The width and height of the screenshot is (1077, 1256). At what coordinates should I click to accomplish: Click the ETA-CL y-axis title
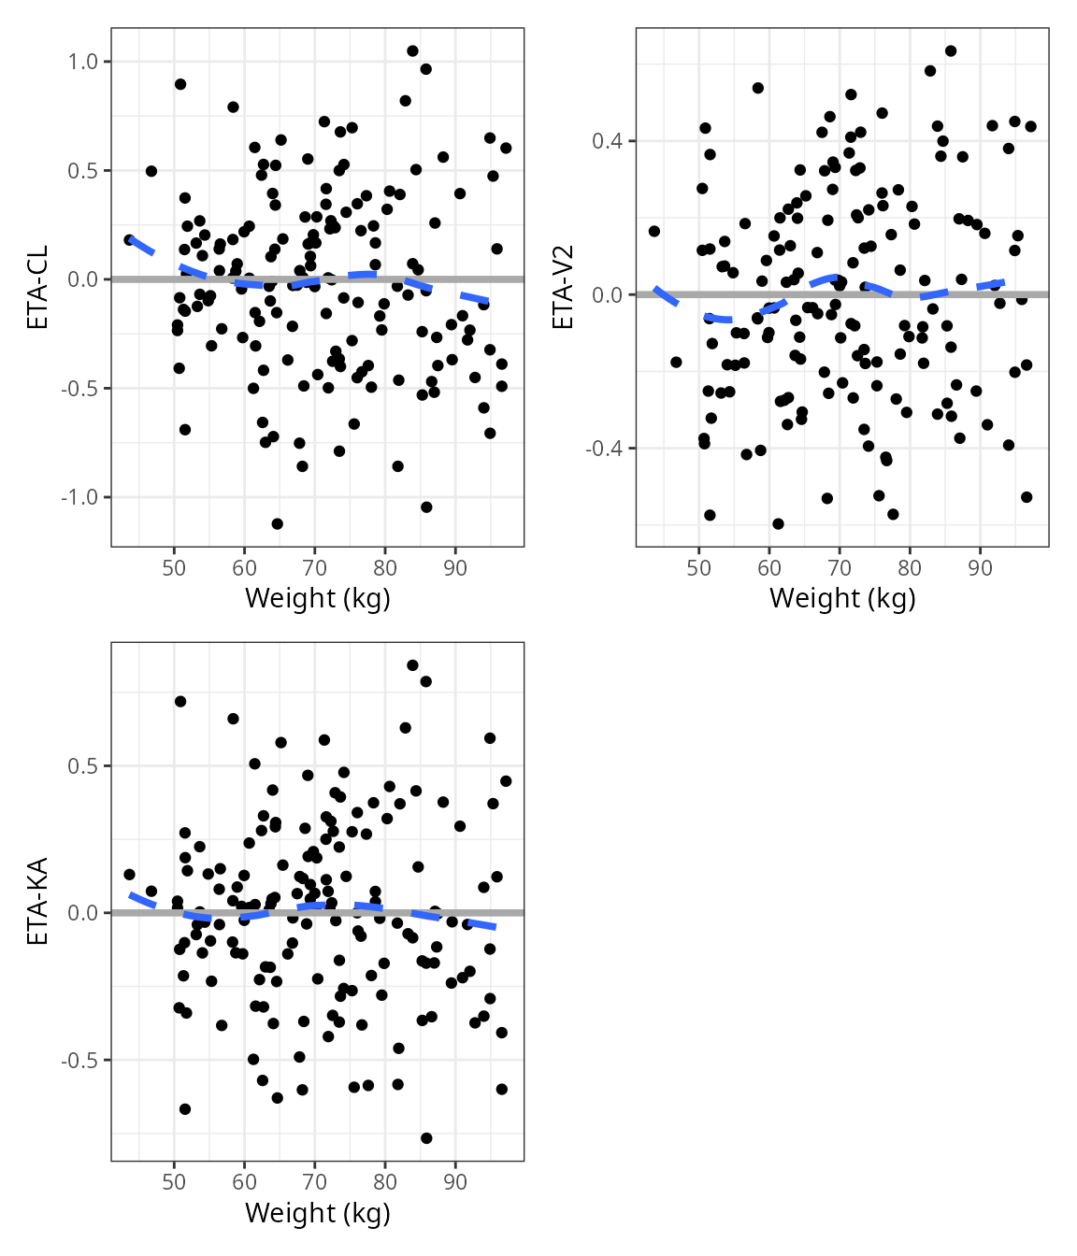[37, 287]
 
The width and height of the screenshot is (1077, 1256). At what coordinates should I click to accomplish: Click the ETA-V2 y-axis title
[563, 287]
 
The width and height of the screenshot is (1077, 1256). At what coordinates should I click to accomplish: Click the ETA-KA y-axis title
[37, 902]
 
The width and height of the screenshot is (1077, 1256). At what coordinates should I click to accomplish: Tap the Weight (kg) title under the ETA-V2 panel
[842, 598]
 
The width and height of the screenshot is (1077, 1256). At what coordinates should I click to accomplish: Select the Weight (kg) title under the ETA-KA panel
[317, 1213]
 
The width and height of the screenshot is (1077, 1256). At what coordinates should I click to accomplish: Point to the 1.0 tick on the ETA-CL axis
[83, 62]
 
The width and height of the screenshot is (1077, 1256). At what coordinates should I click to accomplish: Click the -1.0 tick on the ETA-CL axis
[79, 497]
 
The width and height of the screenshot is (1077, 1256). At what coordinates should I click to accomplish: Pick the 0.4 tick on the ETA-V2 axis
[609, 141]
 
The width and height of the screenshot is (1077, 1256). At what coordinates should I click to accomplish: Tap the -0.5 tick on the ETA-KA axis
[79, 1061]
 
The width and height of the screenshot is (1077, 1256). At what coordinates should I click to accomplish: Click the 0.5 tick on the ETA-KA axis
[83, 766]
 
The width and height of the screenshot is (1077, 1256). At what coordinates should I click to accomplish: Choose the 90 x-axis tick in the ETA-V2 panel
[980, 568]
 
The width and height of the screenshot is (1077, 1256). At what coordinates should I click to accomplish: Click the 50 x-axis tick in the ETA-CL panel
[174, 568]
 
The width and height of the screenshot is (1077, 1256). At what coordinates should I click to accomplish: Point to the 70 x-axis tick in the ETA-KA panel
[315, 1182]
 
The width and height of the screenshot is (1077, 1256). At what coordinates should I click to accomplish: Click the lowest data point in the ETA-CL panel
[277, 523]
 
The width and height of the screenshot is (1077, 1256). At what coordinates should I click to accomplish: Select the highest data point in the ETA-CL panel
[412, 51]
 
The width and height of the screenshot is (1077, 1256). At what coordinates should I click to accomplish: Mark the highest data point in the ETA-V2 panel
[951, 51]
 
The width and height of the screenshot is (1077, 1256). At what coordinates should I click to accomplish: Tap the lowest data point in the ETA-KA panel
[426, 1138]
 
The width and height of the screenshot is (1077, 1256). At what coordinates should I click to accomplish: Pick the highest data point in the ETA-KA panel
[412, 665]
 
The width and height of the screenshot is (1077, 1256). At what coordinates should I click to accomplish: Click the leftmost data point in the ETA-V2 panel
[654, 231]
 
